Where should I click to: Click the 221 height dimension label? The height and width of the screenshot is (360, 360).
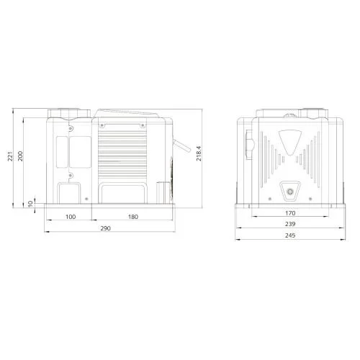click(x=10, y=156)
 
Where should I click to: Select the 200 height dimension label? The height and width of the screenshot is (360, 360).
click(x=20, y=156)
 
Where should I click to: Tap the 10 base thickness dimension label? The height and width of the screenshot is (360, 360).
click(x=30, y=204)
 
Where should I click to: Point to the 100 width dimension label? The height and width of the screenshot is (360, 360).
click(x=71, y=217)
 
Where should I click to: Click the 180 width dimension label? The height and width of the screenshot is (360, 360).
click(x=133, y=217)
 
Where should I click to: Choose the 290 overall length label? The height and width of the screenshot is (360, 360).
click(x=105, y=228)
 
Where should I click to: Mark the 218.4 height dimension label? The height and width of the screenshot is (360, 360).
click(x=199, y=153)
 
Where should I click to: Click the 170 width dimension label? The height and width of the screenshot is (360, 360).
click(x=290, y=213)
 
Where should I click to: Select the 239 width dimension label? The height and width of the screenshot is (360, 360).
click(x=290, y=224)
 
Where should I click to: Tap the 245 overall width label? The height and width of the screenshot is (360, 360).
click(x=290, y=235)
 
